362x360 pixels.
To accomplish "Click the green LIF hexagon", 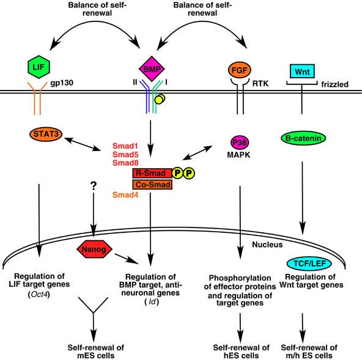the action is click(39, 67).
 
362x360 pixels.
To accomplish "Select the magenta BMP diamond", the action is click(152, 69).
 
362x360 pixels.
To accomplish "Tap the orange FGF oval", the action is click(240, 70).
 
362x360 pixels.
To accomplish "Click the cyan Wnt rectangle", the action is click(302, 71).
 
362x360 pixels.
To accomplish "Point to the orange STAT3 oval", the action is click(46, 134).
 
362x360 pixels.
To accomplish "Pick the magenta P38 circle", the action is click(240, 142).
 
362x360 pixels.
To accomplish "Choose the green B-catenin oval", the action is click(303, 138).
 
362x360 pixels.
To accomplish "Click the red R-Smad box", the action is click(152, 173).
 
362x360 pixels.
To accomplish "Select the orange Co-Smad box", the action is click(152, 185).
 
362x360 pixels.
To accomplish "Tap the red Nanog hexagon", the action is click(94, 249).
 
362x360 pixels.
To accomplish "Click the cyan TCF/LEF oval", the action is click(309, 263).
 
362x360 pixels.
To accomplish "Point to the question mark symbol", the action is click(94, 185).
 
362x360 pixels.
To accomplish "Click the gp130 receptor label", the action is click(62, 83).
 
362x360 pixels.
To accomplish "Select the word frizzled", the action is click(334, 84).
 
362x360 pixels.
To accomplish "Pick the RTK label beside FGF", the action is click(260, 83).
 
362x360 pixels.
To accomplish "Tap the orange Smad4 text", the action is click(125, 195).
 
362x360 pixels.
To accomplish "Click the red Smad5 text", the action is click(125, 155).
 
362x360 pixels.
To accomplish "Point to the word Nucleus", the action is click(267, 244).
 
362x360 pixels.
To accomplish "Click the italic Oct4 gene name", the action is click(39, 295).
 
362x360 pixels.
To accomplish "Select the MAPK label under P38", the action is click(238, 155).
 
